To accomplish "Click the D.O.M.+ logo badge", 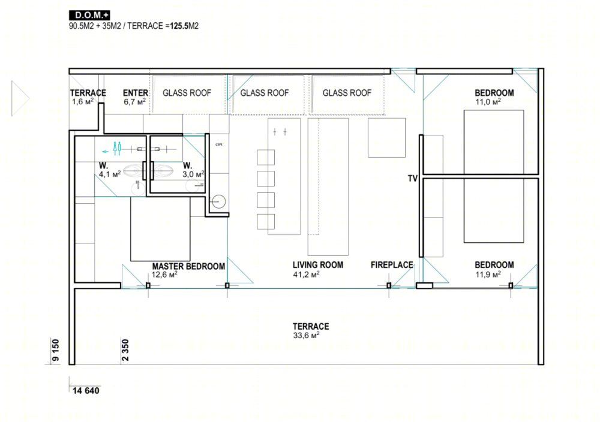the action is [x=89, y=16].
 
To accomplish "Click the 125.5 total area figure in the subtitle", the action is [x=179, y=26].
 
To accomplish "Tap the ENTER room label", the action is [x=136, y=93].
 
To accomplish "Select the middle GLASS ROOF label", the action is [x=265, y=93].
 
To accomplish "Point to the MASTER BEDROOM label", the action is [x=188, y=266].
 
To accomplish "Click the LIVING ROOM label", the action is [x=317, y=265].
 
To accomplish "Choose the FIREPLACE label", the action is [x=392, y=265].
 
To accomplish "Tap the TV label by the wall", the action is [x=413, y=179].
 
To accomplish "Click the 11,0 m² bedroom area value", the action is [x=488, y=102].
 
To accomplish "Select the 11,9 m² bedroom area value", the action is [x=488, y=274].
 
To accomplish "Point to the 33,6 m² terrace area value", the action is [x=306, y=335].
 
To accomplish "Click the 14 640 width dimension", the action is [x=86, y=391].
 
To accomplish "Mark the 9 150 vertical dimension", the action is [x=56, y=350].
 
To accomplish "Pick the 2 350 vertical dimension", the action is [x=125, y=350].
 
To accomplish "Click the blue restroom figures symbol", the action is [x=117, y=149].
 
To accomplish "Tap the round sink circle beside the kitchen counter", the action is [x=219, y=201].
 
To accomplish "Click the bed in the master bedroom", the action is [x=160, y=229].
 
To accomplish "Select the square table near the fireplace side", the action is [x=386, y=138].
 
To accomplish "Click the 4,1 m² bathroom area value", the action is [x=110, y=174].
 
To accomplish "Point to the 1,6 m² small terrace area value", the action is [x=83, y=102].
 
